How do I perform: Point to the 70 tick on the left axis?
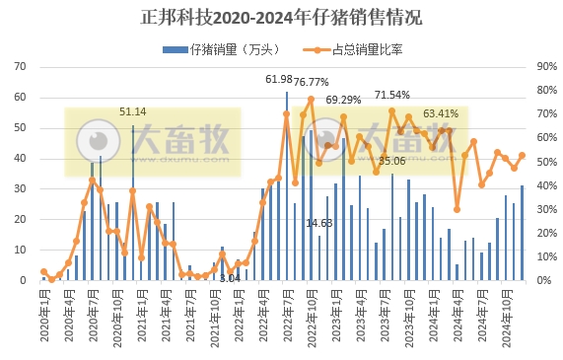(x=20, y=67)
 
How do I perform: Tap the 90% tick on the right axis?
(x=546, y=67)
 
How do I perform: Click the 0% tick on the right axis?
(x=543, y=280)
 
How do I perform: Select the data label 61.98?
(x=279, y=79)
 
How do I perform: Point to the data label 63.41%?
(x=441, y=113)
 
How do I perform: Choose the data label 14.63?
(x=318, y=223)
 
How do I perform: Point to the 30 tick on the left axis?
(x=20, y=189)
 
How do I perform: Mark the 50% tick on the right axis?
(x=546, y=162)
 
